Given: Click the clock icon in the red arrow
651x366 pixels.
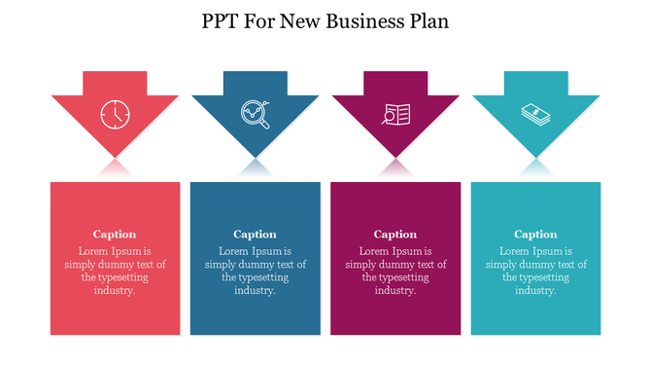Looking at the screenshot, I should [115, 115].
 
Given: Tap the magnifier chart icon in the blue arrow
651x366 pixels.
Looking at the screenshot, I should [255, 115].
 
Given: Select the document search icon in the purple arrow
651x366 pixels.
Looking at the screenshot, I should [395, 115].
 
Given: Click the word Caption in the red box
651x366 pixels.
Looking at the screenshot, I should [115, 234].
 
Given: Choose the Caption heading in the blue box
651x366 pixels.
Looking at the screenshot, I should [255, 234].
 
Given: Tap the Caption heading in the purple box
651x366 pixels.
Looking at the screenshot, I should [395, 234].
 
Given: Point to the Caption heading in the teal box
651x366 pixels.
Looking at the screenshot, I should [535, 234].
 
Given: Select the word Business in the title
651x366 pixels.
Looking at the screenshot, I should [365, 20].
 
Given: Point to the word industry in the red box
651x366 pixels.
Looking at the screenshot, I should [114, 290].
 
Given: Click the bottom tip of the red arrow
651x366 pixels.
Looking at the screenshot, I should [115, 156].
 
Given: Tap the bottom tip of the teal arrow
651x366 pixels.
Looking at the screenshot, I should [535, 156].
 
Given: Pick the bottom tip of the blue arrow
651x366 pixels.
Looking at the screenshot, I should [255, 156].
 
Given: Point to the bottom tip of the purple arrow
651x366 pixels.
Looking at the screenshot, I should [395, 156].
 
